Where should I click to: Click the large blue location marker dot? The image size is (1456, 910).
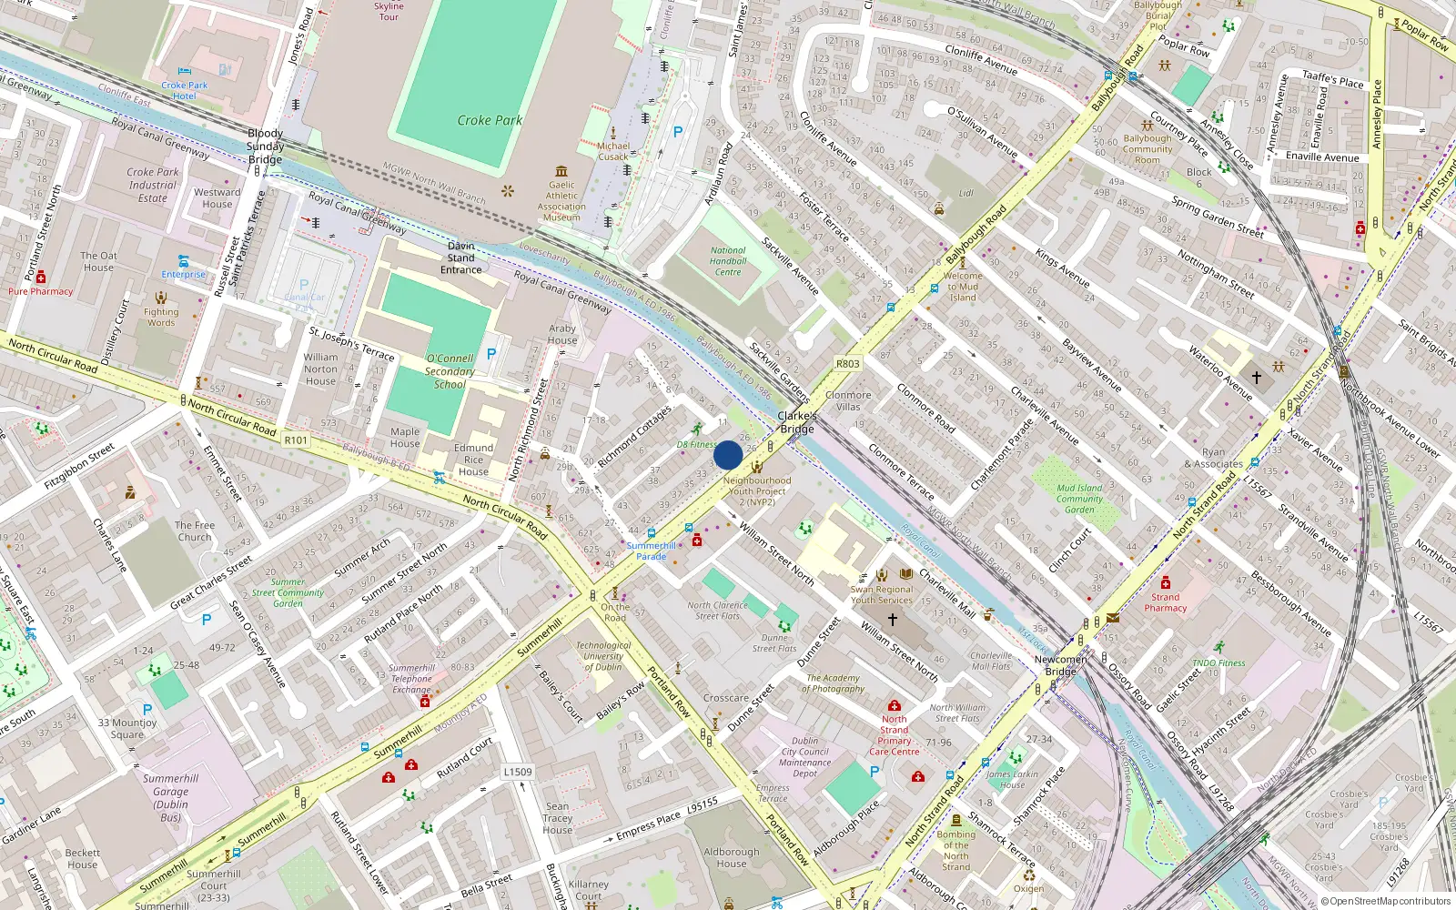[x=728, y=455]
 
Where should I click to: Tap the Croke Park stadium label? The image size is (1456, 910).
[x=490, y=120]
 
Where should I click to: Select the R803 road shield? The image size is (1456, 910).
[x=847, y=364]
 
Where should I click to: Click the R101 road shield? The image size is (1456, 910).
[x=296, y=440]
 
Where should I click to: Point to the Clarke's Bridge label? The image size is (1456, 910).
[x=796, y=422]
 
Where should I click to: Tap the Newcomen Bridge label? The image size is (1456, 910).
[x=1060, y=665]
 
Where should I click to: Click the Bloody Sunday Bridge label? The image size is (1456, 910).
[x=266, y=147]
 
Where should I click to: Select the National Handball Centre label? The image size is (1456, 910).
[x=728, y=261]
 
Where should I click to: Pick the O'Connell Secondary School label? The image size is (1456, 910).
[x=450, y=371]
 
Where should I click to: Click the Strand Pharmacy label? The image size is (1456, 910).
[x=1166, y=602]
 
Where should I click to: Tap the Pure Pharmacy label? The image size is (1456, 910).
[x=41, y=291]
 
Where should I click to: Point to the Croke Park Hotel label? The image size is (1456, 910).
[x=185, y=90]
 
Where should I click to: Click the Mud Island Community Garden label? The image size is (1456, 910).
[x=1080, y=499]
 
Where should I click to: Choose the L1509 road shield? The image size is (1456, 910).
[x=518, y=772]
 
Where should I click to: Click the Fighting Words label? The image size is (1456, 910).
[x=161, y=317]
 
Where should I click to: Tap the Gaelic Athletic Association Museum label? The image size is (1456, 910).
[x=561, y=201]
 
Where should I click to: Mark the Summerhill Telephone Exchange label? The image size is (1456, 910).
[x=411, y=679]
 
